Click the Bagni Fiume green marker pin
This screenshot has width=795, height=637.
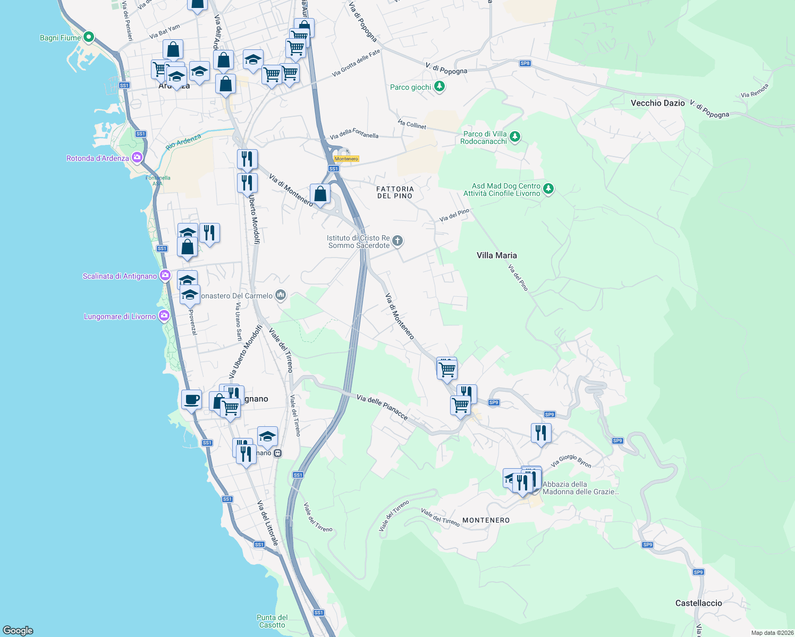89,37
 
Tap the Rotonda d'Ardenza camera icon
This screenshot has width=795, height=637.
137,158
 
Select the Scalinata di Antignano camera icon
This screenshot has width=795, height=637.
165,276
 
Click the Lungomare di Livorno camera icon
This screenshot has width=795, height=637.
164,316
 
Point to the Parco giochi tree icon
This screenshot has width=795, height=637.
439,87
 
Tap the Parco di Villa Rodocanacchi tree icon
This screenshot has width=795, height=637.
514,137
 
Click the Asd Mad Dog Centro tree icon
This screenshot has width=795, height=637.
548,188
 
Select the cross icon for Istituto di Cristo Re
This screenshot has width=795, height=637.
397,242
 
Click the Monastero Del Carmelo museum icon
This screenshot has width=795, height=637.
281,295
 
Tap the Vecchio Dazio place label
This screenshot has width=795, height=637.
657,103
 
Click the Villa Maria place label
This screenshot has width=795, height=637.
496,255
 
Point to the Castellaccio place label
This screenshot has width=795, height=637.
698,603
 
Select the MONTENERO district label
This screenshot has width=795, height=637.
486,520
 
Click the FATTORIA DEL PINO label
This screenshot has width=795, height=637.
394,192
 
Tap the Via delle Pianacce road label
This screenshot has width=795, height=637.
382,407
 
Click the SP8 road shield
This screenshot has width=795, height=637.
525,63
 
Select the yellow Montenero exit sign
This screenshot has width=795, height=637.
346,159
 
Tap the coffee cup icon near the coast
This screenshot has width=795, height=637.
191,399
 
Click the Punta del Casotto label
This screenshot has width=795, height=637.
272,621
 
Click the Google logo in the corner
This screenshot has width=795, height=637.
18,630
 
